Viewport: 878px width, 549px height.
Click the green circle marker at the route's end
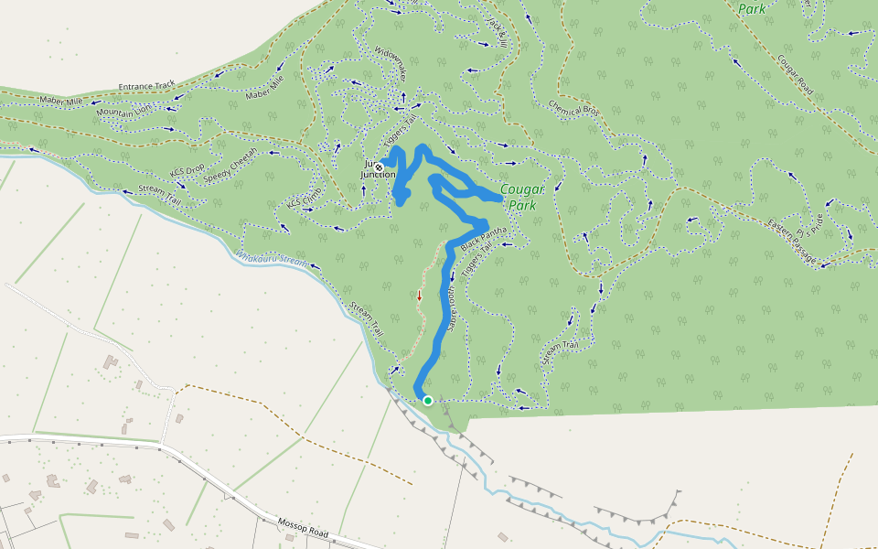tap(427, 401)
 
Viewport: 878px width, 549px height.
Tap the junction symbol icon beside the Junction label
tap(379, 167)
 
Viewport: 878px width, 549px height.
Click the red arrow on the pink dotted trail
tap(420, 295)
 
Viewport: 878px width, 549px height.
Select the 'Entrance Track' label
tap(146, 87)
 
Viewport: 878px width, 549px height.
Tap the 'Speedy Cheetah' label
tap(230, 167)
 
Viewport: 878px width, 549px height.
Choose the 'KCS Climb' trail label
tap(305, 196)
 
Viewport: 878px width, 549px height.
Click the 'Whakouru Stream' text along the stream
tap(273, 259)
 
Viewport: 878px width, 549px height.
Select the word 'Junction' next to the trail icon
tap(379, 174)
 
